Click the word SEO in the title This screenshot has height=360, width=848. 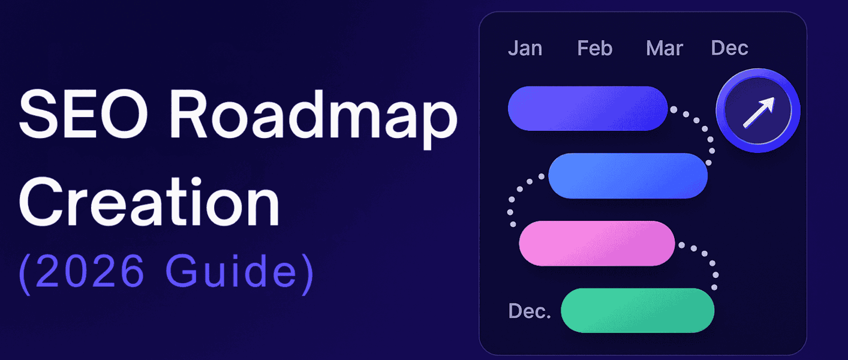pos(83,115)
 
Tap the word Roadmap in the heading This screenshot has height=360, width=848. pos(314,119)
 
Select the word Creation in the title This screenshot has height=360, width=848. pos(149,201)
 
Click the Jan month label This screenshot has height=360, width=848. pos(525,48)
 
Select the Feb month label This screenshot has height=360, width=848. pos(594,48)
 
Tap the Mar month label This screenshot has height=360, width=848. pos(664,48)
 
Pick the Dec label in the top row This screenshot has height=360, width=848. pos(729,48)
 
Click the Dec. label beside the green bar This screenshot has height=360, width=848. pos(530,311)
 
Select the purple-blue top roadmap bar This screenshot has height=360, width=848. pos(588,109)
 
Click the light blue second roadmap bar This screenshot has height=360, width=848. pos(628,176)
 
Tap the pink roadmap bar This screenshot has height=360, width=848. pos(597,243)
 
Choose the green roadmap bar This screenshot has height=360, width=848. pos(637,310)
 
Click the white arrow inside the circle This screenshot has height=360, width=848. pos(759,112)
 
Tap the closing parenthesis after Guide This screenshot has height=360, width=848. pos(308,274)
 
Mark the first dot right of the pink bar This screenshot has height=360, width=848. pos(681,245)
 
